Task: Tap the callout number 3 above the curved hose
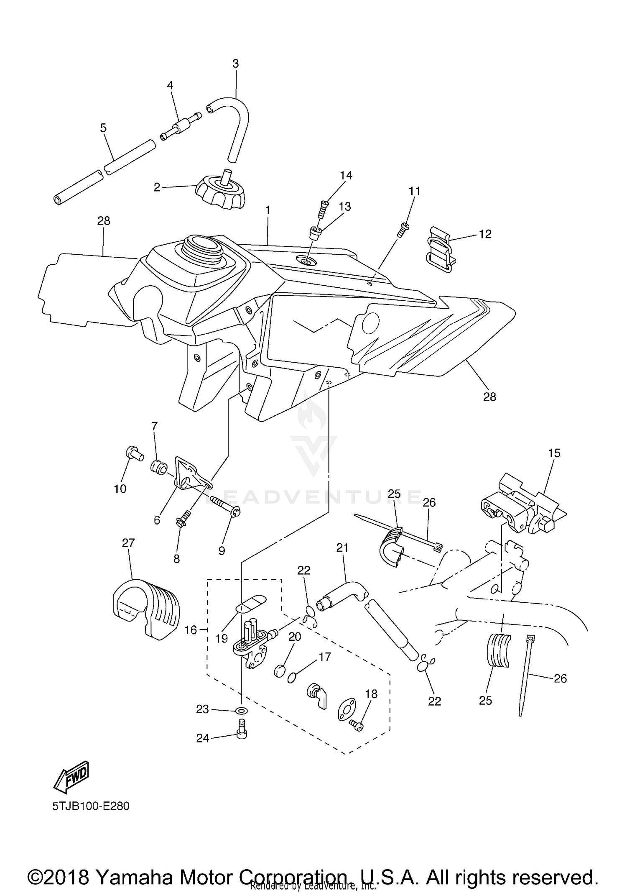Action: click(235, 64)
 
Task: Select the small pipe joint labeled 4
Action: click(181, 126)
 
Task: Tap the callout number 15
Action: click(554, 453)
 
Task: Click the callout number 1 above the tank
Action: click(268, 210)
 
